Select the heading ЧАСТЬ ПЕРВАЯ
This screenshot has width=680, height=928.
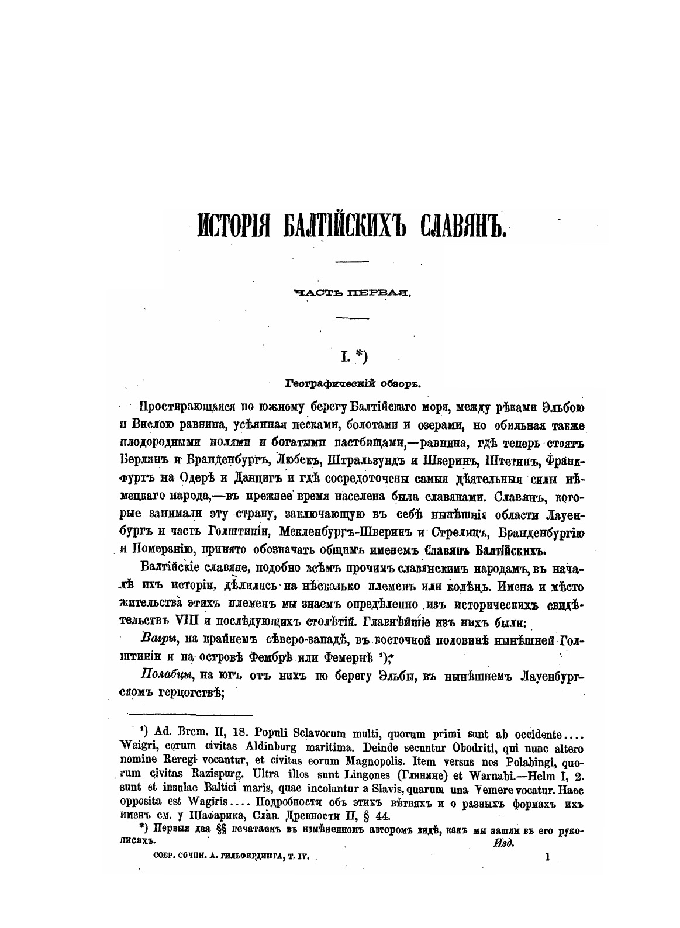pyautogui.click(x=353, y=293)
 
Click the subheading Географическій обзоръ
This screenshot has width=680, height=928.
pyautogui.click(x=353, y=384)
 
